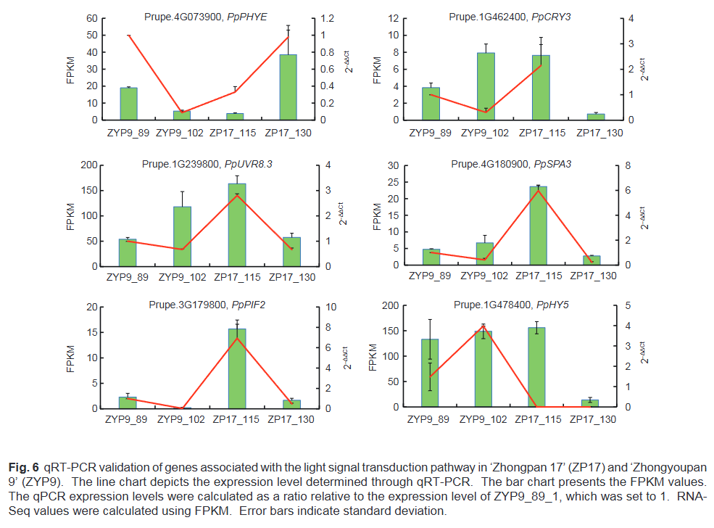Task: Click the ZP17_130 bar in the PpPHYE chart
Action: tap(288, 87)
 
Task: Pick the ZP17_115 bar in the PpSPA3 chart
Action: tap(539, 226)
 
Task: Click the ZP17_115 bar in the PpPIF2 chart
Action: tap(237, 368)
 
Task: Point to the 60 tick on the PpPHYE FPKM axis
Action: tap(92, 18)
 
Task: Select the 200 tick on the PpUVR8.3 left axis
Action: tap(88, 165)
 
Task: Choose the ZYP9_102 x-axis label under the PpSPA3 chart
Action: tap(486, 276)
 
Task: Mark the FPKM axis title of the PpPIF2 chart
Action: tap(72, 358)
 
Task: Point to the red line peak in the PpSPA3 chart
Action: tap(539, 190)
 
